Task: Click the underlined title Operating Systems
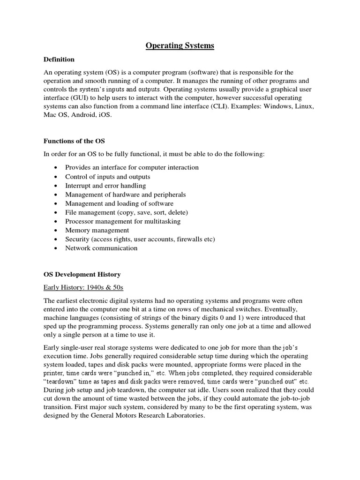click(x=180, y=45)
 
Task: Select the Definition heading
click(x=59, y=60)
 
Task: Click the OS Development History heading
click(x=82, y=274)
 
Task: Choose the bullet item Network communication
click(x=101, y=248)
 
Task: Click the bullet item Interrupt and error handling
click(x=105, y=186)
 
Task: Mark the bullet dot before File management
click(x=56, y=212)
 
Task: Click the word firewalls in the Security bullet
click(x=190, y=239)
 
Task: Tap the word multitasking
click(x=162, y=221)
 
